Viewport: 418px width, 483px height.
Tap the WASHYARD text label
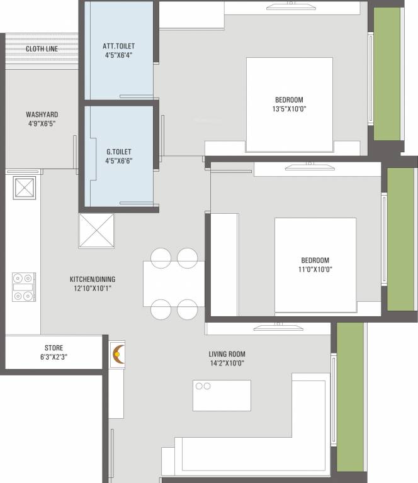point(42,114)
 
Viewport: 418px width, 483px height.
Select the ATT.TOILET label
point(118,46)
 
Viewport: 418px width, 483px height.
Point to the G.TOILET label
point(119,152)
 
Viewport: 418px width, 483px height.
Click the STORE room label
point(54,348)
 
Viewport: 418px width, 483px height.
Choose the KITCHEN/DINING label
point(92,279)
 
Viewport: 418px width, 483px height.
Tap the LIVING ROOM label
point(227,354)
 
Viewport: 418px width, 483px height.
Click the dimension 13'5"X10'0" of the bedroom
point(289,109)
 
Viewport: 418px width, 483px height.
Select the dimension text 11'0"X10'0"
point(314,269)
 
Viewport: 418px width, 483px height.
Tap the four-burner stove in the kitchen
point(24,287)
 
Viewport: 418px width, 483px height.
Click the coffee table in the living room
point(222,395)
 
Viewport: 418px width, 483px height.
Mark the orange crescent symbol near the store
point(116,355)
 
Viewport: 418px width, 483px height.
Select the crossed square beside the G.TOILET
point(96,231)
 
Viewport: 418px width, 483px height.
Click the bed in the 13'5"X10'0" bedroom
point(289,104)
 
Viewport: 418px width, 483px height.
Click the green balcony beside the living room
point(350,396)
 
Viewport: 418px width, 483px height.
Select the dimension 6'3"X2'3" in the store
point(54,357)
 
